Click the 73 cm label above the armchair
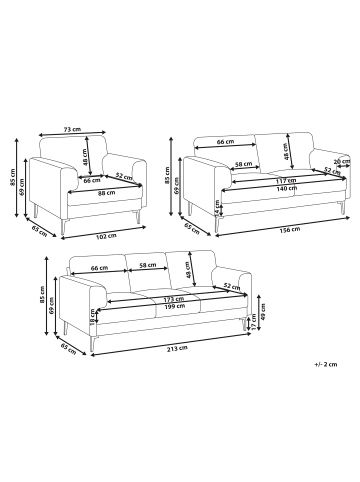click(x=72, y=129)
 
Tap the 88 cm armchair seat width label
click(x=106, y=192)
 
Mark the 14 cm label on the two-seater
click(x=218, y=208)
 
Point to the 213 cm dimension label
click(x=177, y=348)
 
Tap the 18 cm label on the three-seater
click(x=93, y=317)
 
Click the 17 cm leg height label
click(x=255, y=322)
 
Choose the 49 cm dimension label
click(x=263, y=312)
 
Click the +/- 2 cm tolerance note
click(x=325, y=364)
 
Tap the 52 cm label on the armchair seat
click(x=124, y=176)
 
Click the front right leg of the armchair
click(x=139, y=216)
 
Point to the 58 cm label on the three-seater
click(x=147, y=265)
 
